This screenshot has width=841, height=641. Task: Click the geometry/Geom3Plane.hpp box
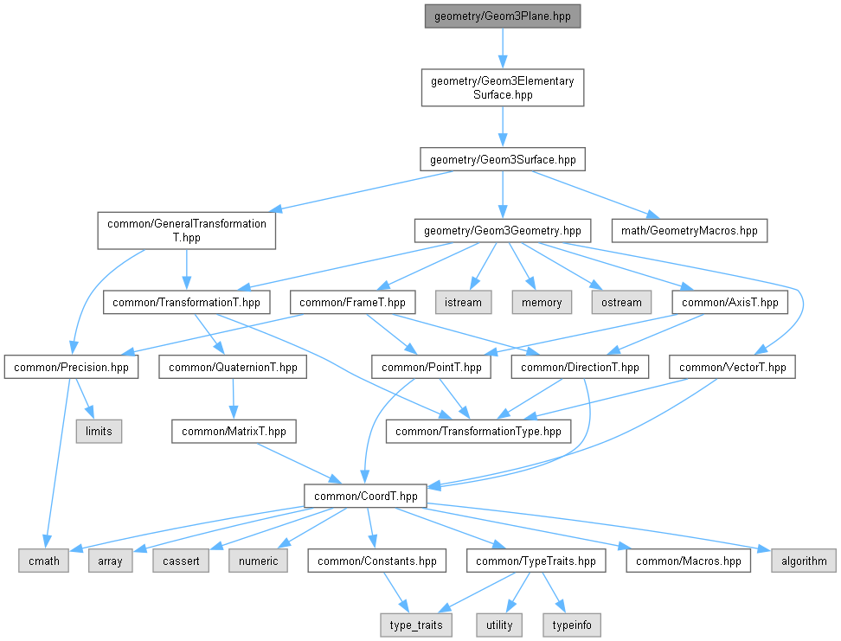pos(503,16)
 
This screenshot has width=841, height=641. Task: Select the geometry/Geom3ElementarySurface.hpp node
pos(503,87)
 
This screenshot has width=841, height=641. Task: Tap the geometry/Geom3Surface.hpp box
pos(503,159)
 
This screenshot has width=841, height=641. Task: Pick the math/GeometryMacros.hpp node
pos(690,231)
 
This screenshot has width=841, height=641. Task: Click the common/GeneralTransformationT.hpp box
pos(187,231)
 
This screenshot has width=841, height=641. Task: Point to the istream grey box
pos(463,303)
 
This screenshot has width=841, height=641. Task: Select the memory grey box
pos(542,303)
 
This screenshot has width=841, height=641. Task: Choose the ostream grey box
pos(621,303)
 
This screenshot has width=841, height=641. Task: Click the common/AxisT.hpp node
pos(730,303)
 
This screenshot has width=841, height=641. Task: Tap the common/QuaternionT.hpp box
pos(233,368)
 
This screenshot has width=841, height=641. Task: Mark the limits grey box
pos(99,432)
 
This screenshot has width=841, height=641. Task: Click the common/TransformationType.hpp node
pos(478,432)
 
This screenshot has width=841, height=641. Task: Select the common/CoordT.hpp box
pos(365,497)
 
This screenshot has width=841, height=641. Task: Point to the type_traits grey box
pos(415,625)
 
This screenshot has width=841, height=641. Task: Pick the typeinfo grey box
pos(572,625)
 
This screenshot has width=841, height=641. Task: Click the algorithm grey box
pos(804,561)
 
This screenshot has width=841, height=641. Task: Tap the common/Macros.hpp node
pos(688,561)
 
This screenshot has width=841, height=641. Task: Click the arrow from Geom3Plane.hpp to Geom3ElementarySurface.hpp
pos(503,48)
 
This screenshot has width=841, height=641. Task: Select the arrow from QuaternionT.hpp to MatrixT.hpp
pos(233,399)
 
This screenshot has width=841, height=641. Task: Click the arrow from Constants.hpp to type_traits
pos(395,593)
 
